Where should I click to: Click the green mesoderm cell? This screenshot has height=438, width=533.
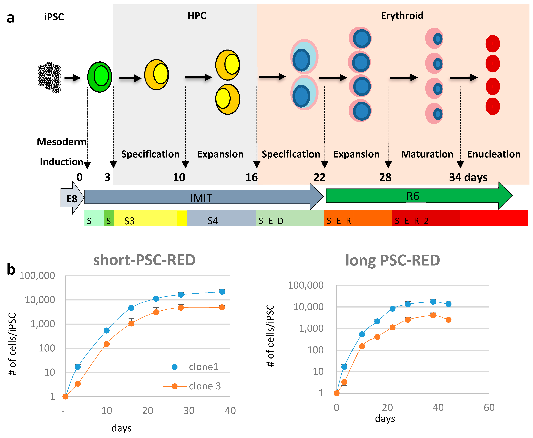[x=100, y=77]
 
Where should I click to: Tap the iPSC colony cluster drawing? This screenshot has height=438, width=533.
[x=49, y=77]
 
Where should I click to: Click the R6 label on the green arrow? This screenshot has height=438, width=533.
[x=413, y=196]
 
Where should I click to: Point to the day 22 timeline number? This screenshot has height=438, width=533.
[x=320, y=177]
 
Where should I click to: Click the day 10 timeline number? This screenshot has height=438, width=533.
[x=179, y=177]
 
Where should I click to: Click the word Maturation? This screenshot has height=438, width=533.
[x=427, y=154]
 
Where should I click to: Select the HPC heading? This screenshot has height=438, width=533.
[x=197, y=16]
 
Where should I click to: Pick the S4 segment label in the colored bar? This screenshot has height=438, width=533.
[x=213, y=221]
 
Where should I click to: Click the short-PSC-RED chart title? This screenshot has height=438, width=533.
[x=144, y=260]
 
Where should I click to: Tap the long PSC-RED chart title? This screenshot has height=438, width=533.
[x=393, y=260]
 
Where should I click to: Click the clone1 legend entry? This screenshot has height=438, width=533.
[x=203, y=367]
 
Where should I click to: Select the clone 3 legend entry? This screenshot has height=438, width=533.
[x=205, y=386]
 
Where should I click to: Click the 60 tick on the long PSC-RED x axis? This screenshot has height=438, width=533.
[x=489, y=407]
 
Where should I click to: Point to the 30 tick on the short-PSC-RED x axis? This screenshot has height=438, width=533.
[x=189, y=411]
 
